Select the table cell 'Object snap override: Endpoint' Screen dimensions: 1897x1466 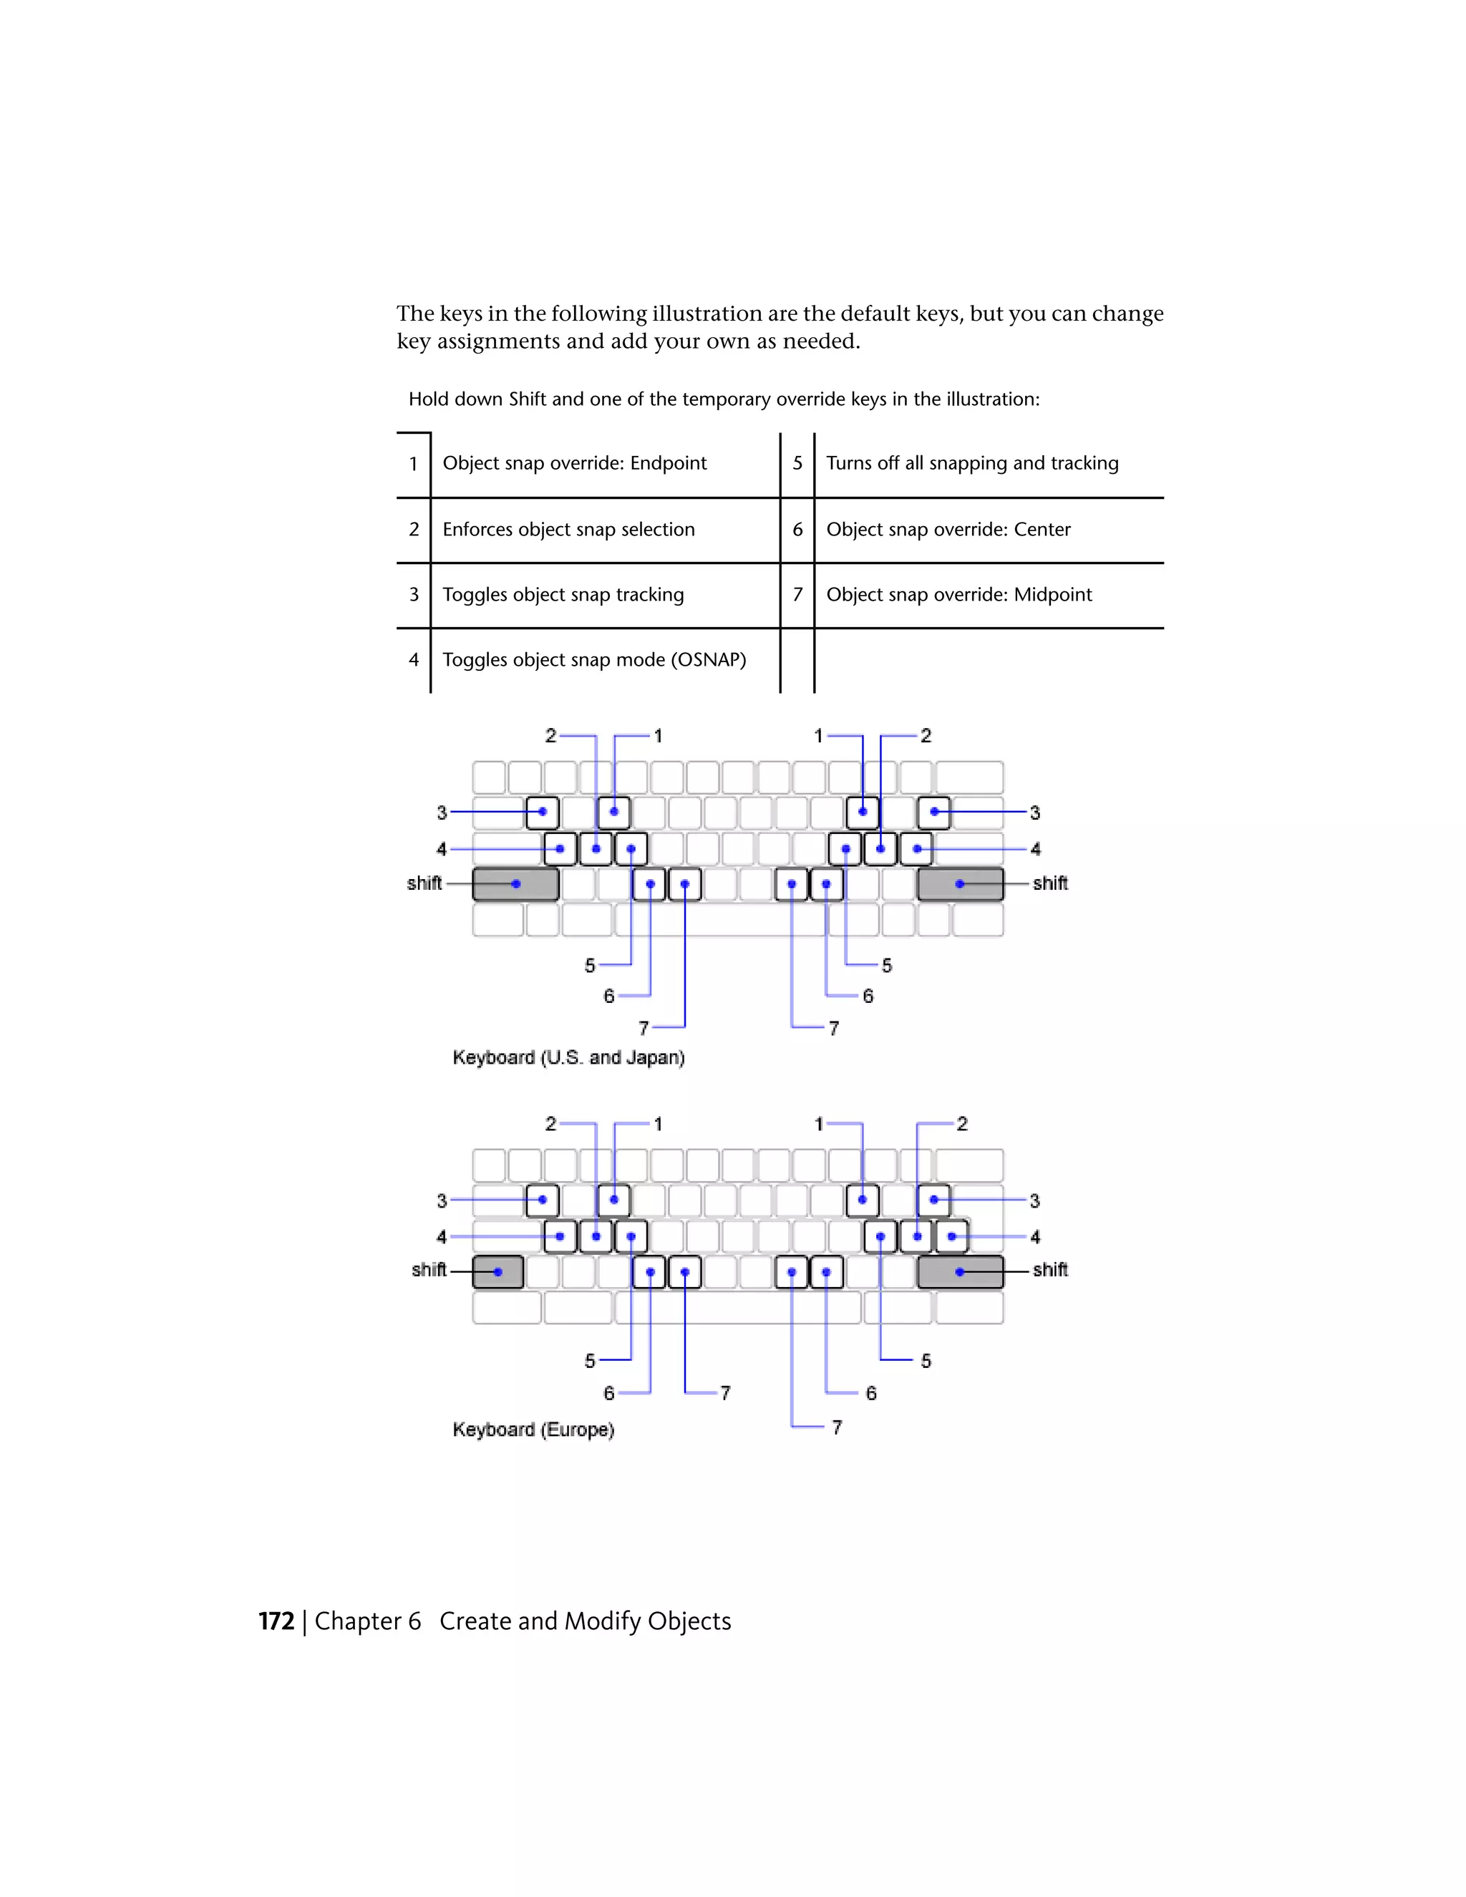click(x=574, y=463)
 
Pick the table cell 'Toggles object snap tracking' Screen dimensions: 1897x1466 click(x=563, y=594)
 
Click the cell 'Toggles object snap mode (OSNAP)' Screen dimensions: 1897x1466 click(x=594, y=659)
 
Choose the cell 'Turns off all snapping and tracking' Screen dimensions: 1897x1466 click(x=972, y=463)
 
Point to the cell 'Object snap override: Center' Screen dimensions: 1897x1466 click(x=948, y=529)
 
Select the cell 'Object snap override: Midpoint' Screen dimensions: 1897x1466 click(x=958, y=594)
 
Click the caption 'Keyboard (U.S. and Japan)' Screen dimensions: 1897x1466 click(x=568, y=1057)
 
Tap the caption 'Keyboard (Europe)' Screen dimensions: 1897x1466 click(x=533, y=1430)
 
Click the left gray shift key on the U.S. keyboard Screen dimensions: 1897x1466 click(x=515, y=884)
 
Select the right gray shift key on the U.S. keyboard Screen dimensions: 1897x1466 click(x=960, y=884)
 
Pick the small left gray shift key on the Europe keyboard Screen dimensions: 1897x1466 click(x=497, y=1271)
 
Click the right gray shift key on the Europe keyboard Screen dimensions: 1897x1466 click(x=960, y=1271)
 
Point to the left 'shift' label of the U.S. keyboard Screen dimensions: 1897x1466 click(x=424, y=883)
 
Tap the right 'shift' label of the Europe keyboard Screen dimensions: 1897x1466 click(x=1050, y=1270)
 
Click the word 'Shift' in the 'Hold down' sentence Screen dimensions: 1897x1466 click(x=527, y=399)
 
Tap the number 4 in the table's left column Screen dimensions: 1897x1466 click(x=414, y=659)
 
